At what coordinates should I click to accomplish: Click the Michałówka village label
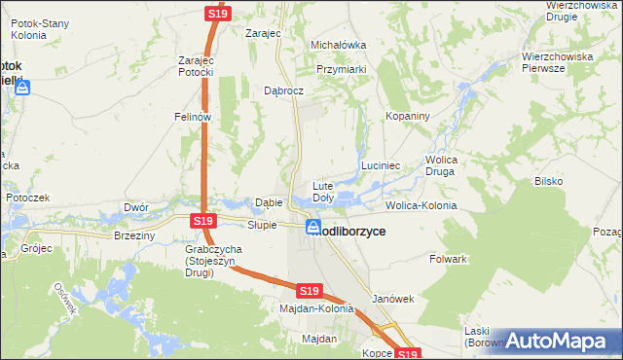338,45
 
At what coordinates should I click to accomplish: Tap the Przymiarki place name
341,69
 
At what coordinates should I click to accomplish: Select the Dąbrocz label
284,90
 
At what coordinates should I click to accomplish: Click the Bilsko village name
549,181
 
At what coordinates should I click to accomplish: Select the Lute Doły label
323,192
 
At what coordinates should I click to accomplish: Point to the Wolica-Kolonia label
421,206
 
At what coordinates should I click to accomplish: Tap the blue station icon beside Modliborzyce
313,228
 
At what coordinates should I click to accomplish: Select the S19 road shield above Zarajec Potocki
216,14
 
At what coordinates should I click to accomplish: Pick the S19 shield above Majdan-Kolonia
309,291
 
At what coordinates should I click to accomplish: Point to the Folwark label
449,260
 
